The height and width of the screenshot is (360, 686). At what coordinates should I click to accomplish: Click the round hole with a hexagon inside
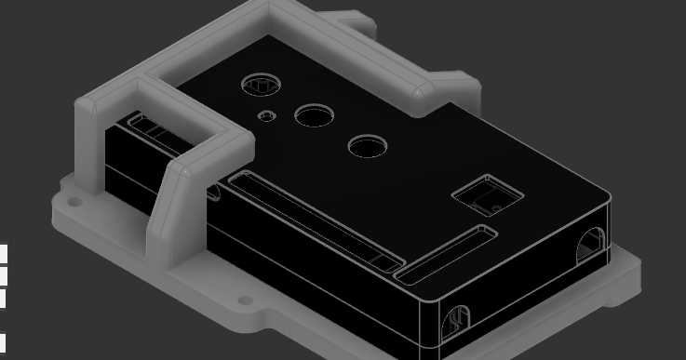point(260,85)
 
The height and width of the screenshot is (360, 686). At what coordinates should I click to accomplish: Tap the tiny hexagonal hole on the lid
point(267,116)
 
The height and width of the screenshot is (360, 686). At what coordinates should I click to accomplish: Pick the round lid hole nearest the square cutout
point(367,145)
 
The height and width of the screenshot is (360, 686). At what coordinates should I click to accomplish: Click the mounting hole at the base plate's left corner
point(73,199)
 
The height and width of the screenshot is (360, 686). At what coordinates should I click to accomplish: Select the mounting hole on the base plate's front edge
point(245,301)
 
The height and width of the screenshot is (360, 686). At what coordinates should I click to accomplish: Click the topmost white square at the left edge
point(3,254)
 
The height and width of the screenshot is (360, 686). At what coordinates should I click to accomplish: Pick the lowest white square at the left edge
point(3,343)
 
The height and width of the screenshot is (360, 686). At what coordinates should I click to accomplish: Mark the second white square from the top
point(3,276)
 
